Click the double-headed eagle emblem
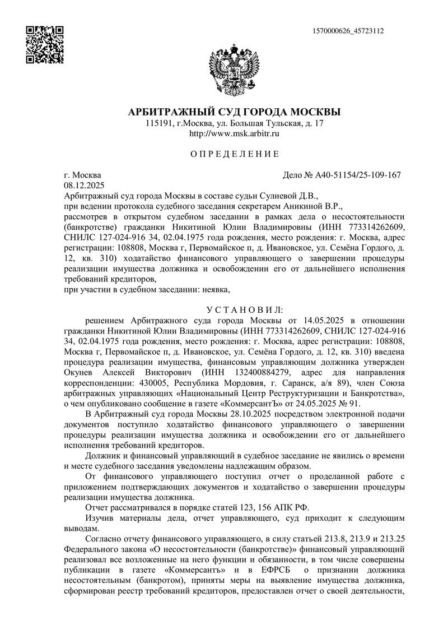click(x=234, y=71)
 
